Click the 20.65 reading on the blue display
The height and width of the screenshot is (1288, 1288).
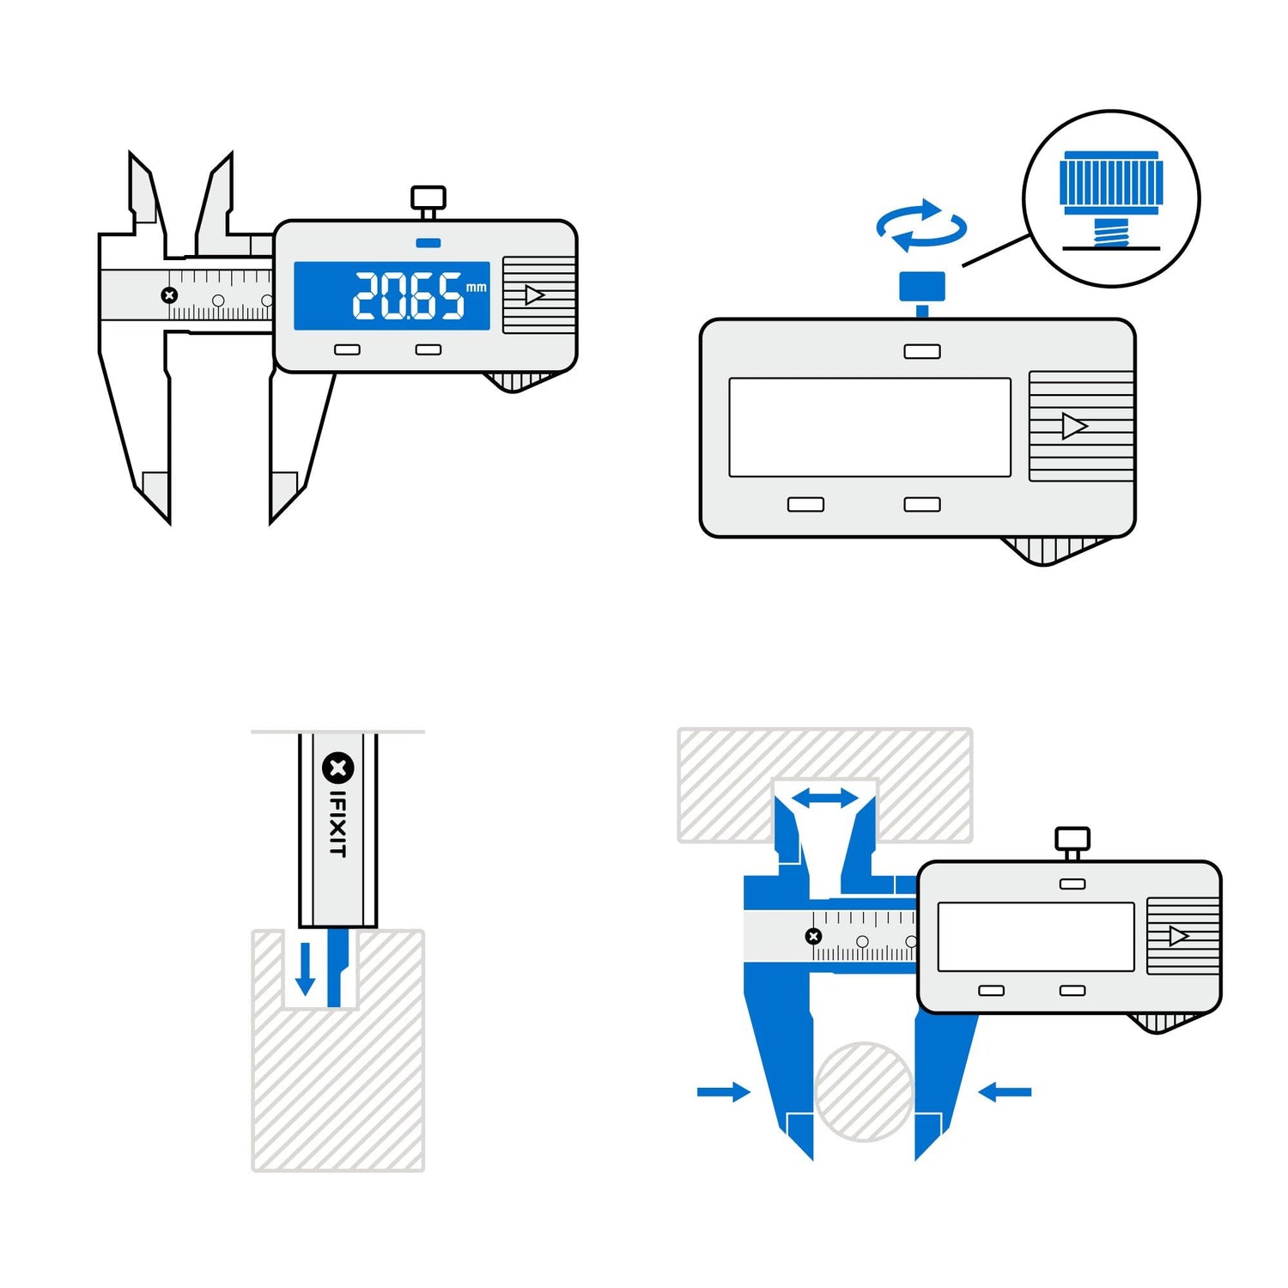(408, 296)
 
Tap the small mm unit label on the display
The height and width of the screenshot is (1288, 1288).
(476, 287)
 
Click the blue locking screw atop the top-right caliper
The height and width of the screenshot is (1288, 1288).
(921, 287)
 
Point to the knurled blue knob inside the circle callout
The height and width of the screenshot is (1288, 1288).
(1110, 183)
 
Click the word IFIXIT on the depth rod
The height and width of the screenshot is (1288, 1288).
(338, 823)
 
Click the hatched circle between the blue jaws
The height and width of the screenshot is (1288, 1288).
(864, 1091)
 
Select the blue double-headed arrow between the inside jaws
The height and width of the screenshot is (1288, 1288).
(824, 799)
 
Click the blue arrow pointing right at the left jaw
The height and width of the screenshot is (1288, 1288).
(723, 1092)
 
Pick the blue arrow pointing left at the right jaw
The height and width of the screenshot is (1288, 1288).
(1005, 1092)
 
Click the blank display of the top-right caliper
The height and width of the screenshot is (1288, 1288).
(869, 427)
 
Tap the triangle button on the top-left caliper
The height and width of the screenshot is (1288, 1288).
(535, 295)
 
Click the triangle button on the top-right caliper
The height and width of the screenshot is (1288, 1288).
(1073, 426)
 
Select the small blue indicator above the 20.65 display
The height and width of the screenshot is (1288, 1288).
(428, 243)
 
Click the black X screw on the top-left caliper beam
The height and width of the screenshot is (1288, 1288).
(169, 295)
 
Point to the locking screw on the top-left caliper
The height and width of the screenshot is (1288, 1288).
(428, 199)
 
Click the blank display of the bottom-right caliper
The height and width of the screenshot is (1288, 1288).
(1036, 937)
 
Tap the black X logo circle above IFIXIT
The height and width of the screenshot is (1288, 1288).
(337, 768)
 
